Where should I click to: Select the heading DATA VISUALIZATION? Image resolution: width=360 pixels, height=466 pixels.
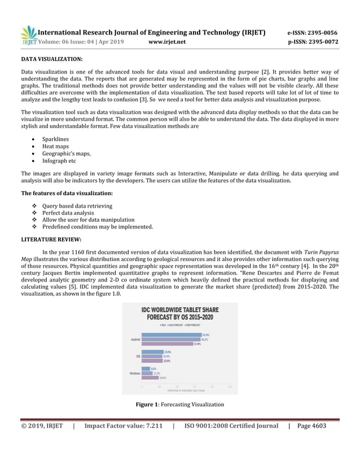(x=52, y=59)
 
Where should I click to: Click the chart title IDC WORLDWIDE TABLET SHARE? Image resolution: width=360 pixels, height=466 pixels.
(x=179, y=310)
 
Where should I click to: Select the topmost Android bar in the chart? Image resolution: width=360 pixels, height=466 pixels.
(x=171, y=335)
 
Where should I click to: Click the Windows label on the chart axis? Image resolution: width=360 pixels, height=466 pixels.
(x=135, y=373)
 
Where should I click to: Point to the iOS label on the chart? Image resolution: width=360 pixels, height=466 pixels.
(x=138, y=356)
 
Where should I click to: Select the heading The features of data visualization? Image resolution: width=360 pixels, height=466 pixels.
(x=67, y=194)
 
